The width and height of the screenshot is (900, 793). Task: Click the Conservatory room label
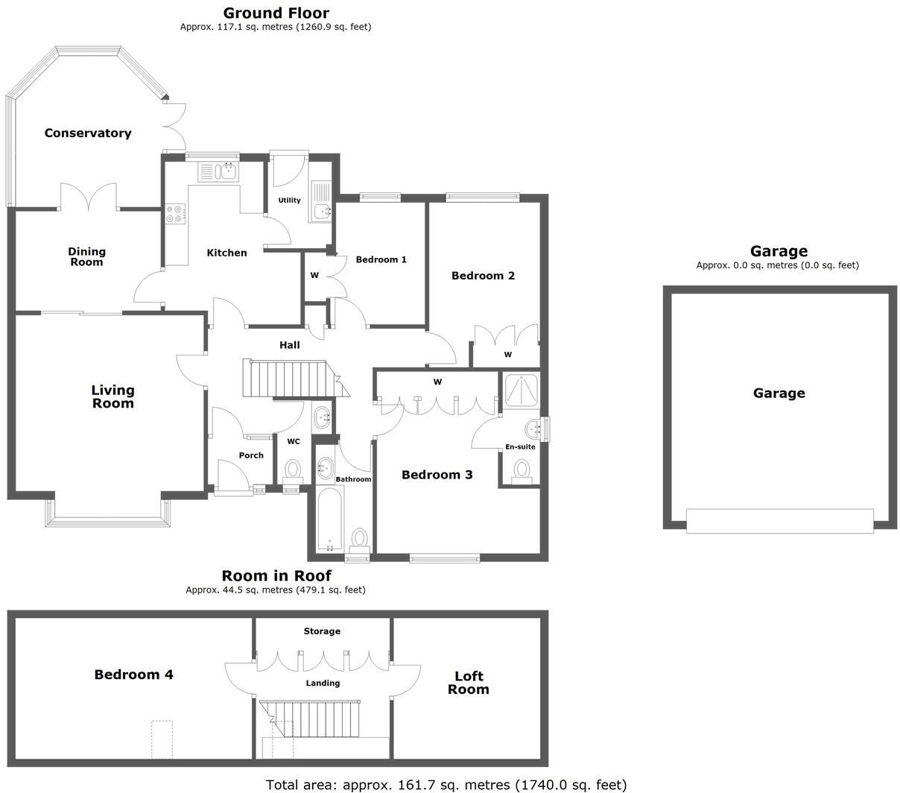[x=88, y=133]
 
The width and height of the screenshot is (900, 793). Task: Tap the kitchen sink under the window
[x=218, y=172]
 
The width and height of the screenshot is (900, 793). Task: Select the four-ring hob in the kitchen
[x=176, y=215]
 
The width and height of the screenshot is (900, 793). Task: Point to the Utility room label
[x=289, y=200]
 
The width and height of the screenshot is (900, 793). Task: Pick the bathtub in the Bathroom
[x=329, y=519]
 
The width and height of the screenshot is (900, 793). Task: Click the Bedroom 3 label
[x=437, y=475]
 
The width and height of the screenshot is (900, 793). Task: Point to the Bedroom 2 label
[x=483, y=276]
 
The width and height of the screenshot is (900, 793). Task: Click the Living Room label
[x=112, y=396]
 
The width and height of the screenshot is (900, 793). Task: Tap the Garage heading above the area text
[x=779, y=251]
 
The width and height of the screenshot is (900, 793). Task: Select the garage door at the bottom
[x=779, y=520]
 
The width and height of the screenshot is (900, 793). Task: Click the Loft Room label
[x=469, y=683]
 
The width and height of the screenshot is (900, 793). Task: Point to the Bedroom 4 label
[x=133, y=674]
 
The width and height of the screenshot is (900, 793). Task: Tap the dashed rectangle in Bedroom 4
[x=162, y=739]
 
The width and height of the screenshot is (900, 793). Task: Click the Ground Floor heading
[x=276, y=13]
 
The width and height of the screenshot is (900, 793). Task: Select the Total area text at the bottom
[x=446, y=784]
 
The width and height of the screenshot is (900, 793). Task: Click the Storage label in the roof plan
[x=322, y=631]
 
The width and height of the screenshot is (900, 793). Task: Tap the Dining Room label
[x=86, y=256]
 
